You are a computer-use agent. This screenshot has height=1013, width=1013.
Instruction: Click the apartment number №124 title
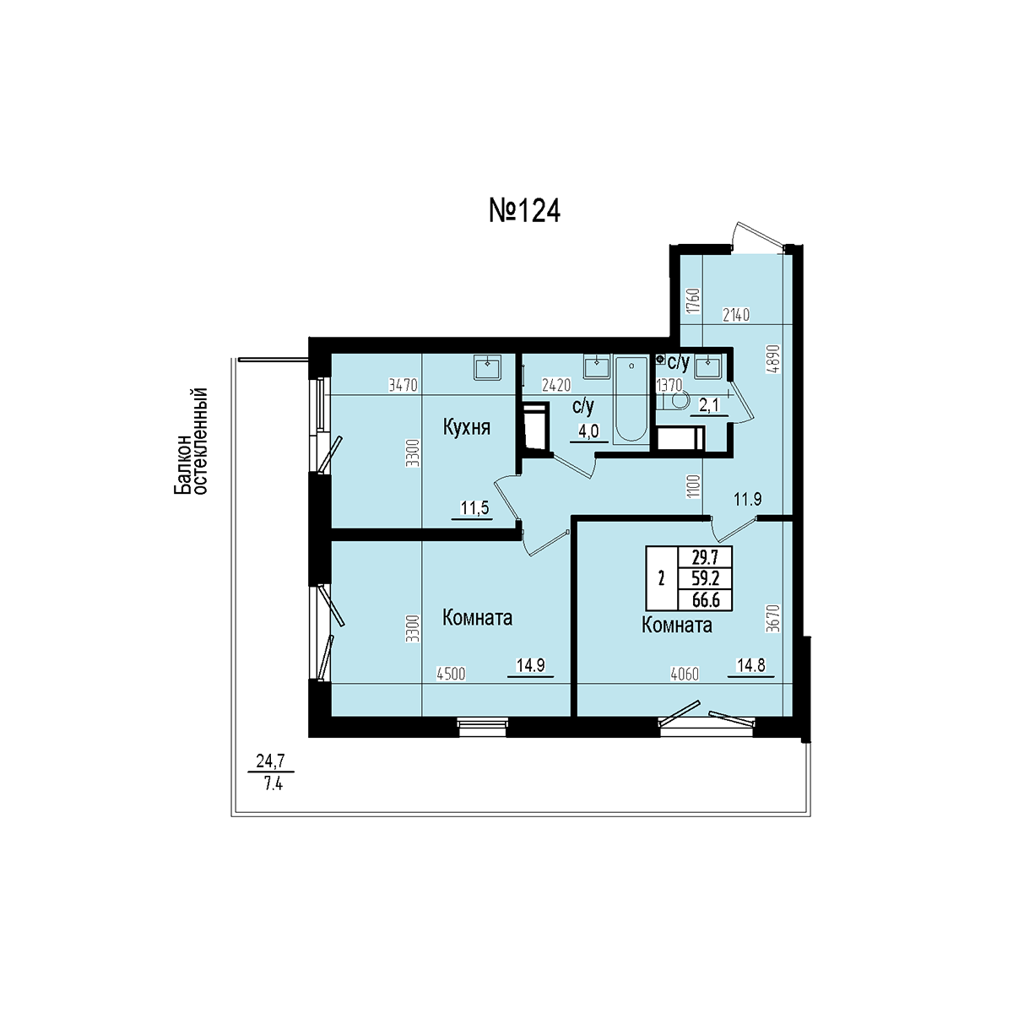(524, 211)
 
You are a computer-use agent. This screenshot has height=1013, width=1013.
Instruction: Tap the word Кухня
(467, 427)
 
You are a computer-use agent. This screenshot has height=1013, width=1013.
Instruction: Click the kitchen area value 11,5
(474, 508)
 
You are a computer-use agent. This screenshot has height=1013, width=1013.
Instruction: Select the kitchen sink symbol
(487, 367)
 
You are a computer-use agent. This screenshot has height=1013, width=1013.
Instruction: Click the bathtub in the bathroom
(631, 399)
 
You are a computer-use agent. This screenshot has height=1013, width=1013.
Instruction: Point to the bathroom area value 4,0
(588, 431)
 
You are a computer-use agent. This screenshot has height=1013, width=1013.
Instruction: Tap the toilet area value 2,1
(708, 405)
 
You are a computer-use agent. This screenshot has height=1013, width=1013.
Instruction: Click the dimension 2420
(556, 385)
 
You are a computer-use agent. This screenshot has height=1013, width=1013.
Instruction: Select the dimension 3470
(404, 385)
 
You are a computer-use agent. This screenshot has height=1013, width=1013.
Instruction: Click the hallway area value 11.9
(748, 498)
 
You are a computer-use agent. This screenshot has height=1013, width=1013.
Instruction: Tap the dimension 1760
(694, 301)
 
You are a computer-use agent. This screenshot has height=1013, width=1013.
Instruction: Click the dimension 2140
(736, 315)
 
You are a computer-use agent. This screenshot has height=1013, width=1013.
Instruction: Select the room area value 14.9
(530, 665)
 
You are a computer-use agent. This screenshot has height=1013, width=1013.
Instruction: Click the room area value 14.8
(750, 665)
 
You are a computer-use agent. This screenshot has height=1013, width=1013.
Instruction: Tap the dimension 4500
(451, 674)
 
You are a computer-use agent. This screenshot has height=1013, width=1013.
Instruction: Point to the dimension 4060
(685, 674)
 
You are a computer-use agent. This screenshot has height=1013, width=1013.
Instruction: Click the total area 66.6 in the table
(706, 600)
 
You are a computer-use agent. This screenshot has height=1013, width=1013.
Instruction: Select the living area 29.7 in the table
(706, 557)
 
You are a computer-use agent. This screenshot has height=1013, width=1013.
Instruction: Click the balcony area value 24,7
(270, 760)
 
